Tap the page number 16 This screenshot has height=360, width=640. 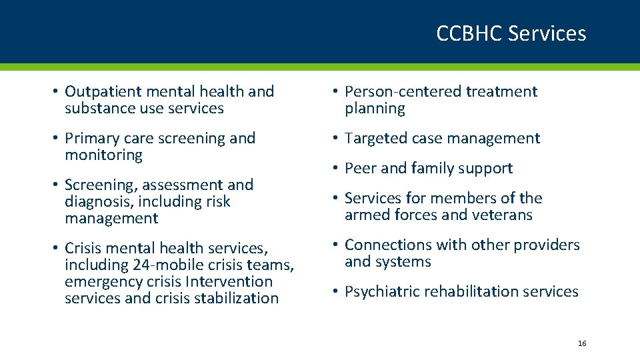pos(581,343)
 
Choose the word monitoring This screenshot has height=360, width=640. pos(103,155)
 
